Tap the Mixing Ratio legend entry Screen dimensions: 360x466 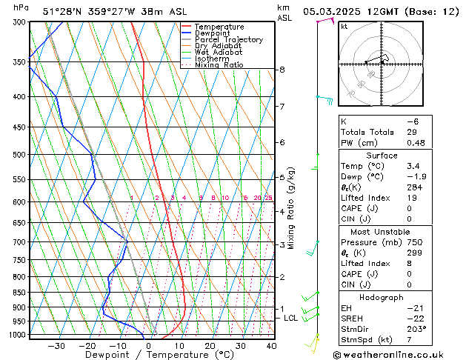pyautogui.click(x=219, y=65)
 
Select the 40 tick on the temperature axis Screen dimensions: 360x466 pyautogui.click(x=271, y=345)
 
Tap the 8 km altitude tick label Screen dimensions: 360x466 pyautogui.click(x=282, y=70)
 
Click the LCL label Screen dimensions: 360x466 pyautogui.click(x=290, y=318)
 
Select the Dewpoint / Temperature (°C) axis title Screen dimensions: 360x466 pyautogui.click(x=150, y=355)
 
